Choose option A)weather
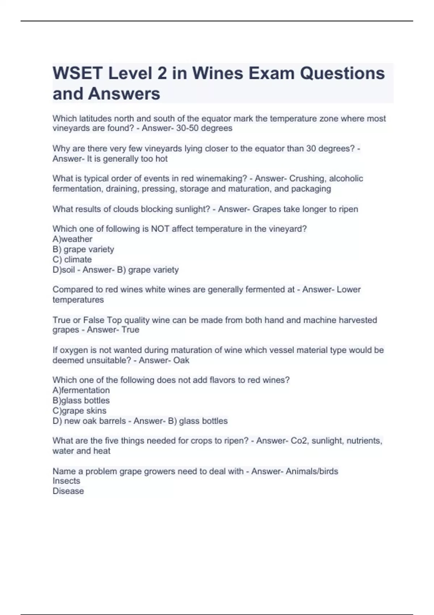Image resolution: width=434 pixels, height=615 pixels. point(72,239)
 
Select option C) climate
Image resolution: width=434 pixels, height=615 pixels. point(72,259)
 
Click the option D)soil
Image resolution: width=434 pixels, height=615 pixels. point(63,270)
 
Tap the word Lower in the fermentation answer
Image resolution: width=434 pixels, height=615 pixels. point(349,289)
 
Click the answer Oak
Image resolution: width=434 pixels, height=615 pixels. point(181,360)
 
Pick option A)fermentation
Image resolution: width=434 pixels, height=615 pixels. point(81,390)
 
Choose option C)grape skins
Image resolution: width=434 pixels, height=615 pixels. point(80,411)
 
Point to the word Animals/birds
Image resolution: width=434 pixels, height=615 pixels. point(312,471)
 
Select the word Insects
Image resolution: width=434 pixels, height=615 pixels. point(66,481)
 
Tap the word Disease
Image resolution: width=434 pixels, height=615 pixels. point(68,491)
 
